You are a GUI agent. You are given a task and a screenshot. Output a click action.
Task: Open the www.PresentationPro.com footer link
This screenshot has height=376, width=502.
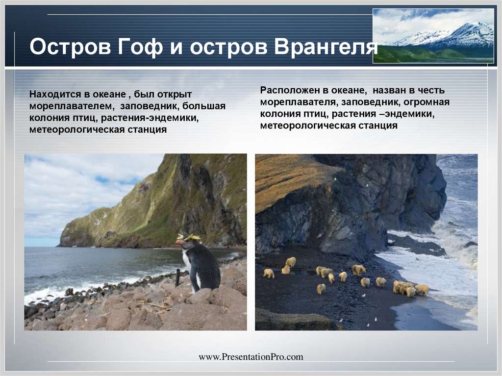pos(251,357)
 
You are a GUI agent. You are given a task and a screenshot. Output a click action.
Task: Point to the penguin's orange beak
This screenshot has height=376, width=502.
pos(179,242)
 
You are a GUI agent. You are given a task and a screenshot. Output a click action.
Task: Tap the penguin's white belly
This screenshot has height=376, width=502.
pos(188,265)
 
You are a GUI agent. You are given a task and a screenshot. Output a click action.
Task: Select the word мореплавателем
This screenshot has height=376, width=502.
pos(71,106)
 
